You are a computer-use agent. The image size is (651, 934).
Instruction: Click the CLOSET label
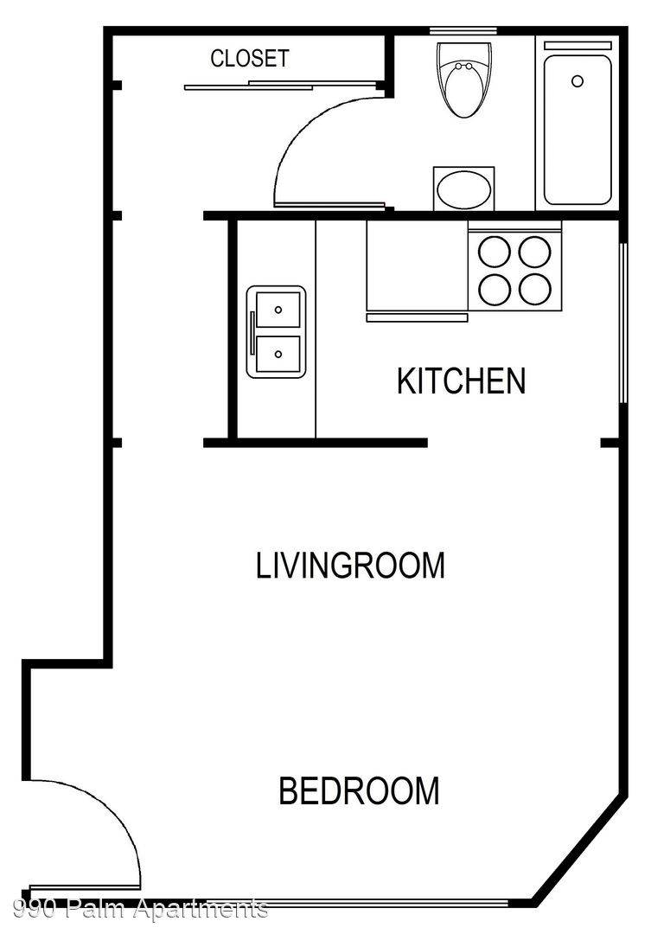click(250, 59)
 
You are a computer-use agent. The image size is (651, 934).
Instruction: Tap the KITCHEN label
click(462, 381)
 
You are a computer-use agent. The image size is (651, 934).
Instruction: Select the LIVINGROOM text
click(350, 566)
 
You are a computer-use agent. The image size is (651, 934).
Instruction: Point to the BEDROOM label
click(359, 790)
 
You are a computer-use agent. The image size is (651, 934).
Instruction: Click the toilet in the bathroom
click(465, 79)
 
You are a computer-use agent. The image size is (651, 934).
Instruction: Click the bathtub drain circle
click(578, 81)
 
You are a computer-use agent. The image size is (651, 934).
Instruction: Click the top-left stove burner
click(495, 252)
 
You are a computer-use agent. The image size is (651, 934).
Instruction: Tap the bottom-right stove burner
click(534, 290)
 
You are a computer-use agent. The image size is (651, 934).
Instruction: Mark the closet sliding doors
click(284, 85)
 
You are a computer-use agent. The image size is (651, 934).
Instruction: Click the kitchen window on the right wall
click(622, 323)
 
